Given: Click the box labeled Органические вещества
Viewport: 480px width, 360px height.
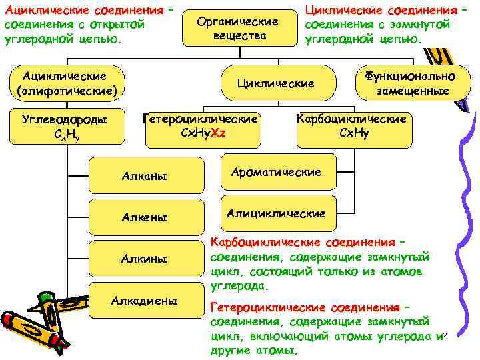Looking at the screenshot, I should (x=239, y=28).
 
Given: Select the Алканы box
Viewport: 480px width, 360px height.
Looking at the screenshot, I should (x=145, y=177).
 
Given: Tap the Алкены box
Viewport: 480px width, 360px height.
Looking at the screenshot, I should (x=145, y=217).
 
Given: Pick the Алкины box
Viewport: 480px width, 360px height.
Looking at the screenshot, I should (x=145, y=258).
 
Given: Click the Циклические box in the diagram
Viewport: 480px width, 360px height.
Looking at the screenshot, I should (x=276, y=83).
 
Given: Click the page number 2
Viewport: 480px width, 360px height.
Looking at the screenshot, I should (x=445, y=335).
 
